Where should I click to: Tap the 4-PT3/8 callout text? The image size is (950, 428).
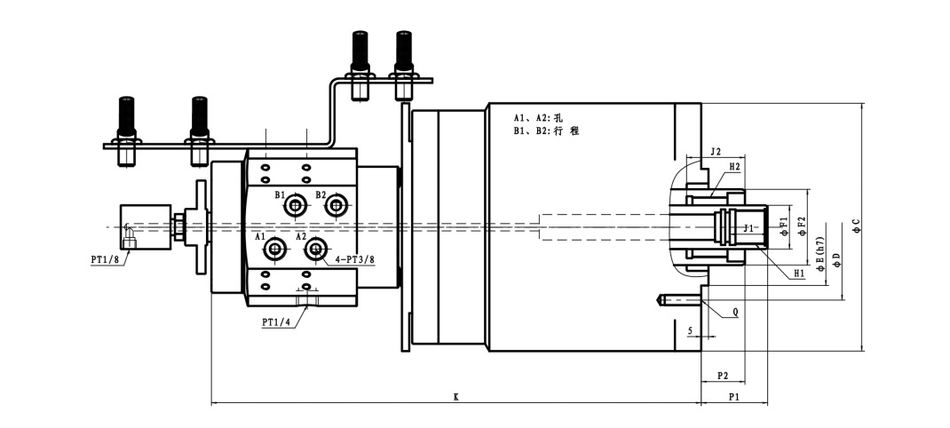click(x=354, y=259)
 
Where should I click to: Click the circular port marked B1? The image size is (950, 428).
click(x=295, y=206)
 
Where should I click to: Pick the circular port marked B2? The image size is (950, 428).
click(x=336, y=206)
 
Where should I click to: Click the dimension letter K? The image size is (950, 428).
click(x=455, y=397)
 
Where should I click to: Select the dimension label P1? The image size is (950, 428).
click(x=733, y=396)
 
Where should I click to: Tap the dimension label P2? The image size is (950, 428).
click(x=722, y=376)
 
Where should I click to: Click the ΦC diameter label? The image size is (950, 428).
click(x=856, y=226)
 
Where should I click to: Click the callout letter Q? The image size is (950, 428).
click(x=735, y=313)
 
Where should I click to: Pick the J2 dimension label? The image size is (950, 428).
click(x=715, y=152)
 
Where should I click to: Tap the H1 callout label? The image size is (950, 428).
click(x=800, y=273)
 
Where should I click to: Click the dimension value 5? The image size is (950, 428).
click(x=690, y=330)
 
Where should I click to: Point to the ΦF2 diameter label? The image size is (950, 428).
click(x=801, y=226)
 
